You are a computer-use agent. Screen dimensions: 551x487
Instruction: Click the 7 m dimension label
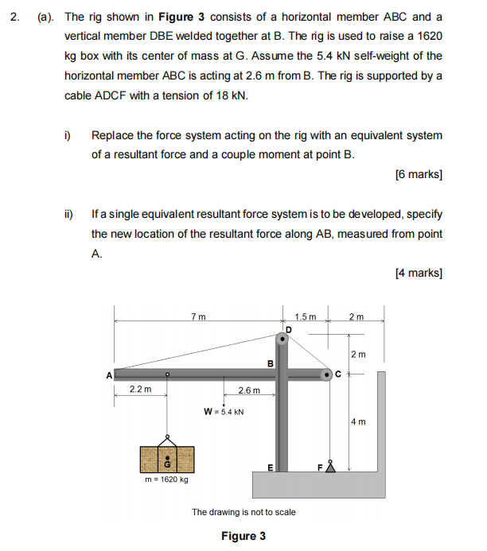[x=199, y=317]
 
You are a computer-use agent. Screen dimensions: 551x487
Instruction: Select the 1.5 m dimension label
[x=305, y=317]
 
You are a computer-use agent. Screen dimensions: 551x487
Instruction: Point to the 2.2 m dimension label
[x=139, y=390]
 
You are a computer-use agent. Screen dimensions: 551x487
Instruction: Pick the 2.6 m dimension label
[x=249, y=390]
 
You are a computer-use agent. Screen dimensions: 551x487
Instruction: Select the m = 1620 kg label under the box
[x=167, y=479]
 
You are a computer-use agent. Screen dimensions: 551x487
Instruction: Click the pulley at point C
[x=326, y=373]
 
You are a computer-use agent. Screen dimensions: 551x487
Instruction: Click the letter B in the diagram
[x=270, y=363]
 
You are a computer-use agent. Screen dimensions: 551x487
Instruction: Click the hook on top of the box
[x=167, y=440]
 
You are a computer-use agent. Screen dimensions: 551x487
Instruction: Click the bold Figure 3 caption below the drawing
[x=243, y=536]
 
